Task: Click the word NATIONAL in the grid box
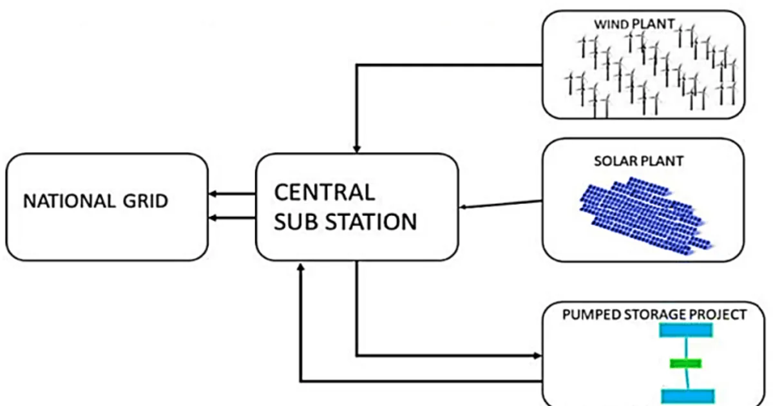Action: tap(69, 201)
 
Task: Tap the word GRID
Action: tap(146, 201)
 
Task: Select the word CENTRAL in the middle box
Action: tap(325, 192)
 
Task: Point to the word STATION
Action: tap(371, 222)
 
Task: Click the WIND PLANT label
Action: tap(635, 24)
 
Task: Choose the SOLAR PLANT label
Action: tap(638, 161)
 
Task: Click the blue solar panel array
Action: tap(645, 216)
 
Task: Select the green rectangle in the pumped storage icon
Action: tap(685, 363)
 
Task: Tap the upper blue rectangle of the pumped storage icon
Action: tap(686, 330)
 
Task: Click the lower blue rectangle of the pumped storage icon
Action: tap(688, 396)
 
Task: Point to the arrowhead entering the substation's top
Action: tap(357, 149)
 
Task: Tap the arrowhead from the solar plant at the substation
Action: tap(463, 207)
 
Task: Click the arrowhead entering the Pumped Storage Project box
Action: tap(537, 356)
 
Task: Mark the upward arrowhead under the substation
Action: tap(301, 267)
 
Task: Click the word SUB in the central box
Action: tap(296, 222)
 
